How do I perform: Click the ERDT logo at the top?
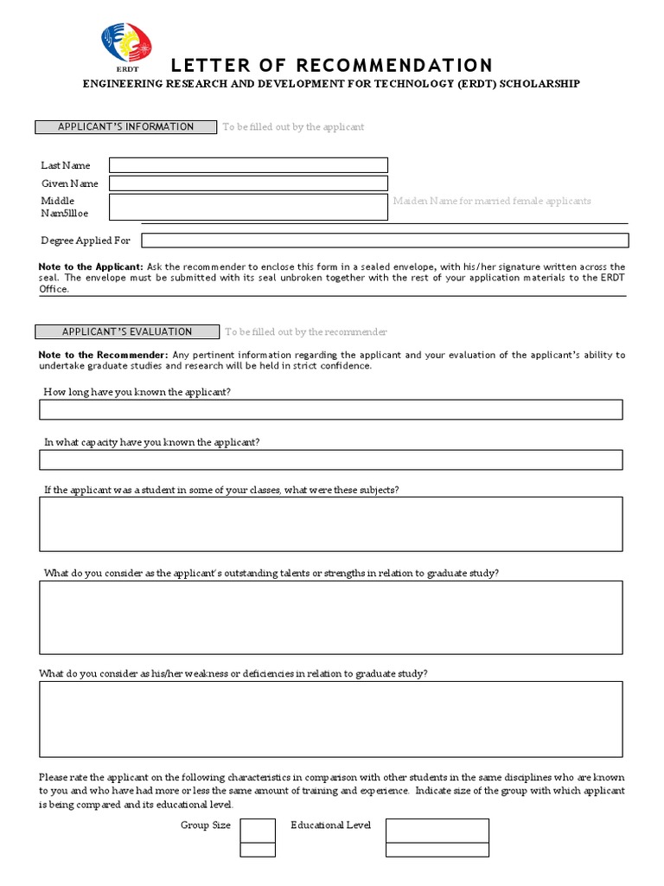tap(126, 46)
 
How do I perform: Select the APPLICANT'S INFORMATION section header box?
tap(126, 127)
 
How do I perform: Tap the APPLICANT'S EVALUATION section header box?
tap(127, 331)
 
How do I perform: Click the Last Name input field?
tap(248, 165)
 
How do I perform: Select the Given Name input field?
tap(248, 183)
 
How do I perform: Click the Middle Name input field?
tap(248, 207)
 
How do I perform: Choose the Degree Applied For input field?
tap(385, 241)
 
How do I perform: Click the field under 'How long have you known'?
tap(330, 409)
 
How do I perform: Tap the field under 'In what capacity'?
tap(330, 459)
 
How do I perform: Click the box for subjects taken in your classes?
tap(330, 523)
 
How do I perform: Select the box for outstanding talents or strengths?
tap(330, 617)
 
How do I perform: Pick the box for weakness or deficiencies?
tap(330, 718)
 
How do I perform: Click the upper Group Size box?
tap(258, 830)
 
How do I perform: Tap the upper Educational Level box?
tap(437, 830)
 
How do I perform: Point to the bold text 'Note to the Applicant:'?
tap(92, 267)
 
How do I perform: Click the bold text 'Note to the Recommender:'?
tap(103, 355)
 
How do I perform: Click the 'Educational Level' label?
tap(330, 825)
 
